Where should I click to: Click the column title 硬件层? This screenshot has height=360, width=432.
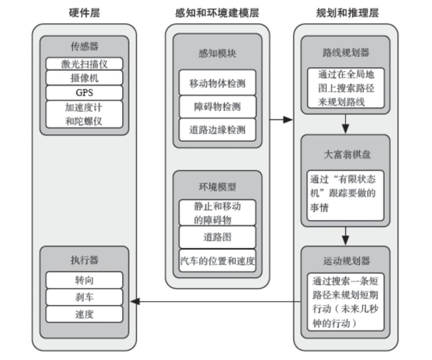(84, 13)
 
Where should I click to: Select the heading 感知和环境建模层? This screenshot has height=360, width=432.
(217, 13)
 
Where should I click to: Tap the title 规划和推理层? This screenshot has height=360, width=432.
(347, 13)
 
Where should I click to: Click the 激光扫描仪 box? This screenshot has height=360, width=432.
(84, 64)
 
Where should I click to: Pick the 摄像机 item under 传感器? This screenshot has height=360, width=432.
(84, 78)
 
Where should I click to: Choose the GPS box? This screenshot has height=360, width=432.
(84, 93)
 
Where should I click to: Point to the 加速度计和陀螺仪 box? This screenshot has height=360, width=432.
(84, 114)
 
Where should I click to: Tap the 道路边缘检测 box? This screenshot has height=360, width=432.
(217, 130)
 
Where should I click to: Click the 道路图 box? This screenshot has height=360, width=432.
(217, 237)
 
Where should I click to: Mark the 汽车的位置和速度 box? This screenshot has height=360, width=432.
(217, 261)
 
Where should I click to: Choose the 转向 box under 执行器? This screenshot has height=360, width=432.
(84, 280)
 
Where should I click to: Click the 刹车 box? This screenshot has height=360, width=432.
(84, 297)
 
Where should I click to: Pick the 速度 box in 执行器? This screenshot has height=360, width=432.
(84, 314)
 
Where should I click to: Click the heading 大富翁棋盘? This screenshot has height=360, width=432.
(347, 154)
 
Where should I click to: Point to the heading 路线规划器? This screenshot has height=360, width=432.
(347, 52)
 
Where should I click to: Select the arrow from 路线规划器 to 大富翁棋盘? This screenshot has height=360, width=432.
(346, 124)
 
